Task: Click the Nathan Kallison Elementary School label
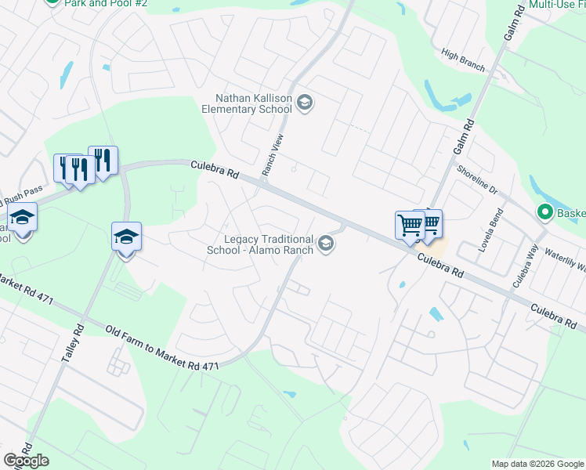click(x=254, y=103)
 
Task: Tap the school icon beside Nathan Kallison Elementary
click(x=305, y=103)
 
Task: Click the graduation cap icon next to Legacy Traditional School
click(x=326, y=245)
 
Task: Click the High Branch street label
click(x=463, y=60)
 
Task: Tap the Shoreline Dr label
click(x=477, y=183)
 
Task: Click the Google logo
click(x=26, y=461)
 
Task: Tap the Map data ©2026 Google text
click(x=537, y=464)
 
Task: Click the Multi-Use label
click(x=556, y=5)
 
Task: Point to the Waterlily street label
click(x=563, y=260)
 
